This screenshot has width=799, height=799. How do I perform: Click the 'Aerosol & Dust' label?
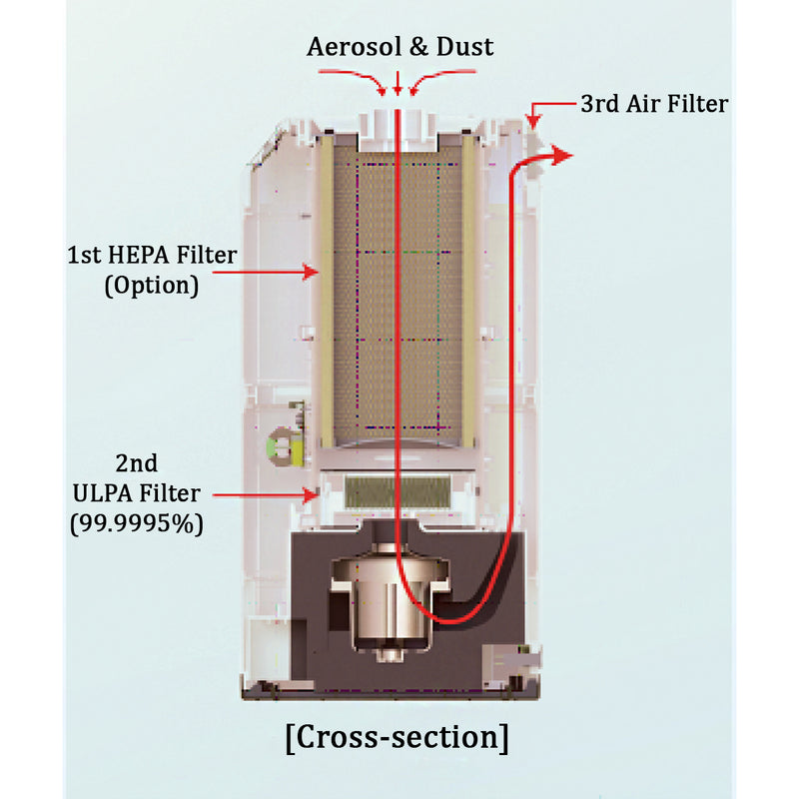pyautogui.click(x=399, y=46)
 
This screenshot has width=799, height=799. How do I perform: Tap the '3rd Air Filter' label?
pyautogui.click(x=654, y=103)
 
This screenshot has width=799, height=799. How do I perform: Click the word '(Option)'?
pyautogui.click(x=151, y=285)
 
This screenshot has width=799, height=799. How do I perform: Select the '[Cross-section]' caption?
pyautogui.click(x=397, y=738)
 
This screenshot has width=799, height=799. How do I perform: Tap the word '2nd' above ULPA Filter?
pyautogui.click(x=136, y=464)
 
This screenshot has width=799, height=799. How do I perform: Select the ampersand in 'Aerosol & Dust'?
pyautogui.click(x=404, y=47)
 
